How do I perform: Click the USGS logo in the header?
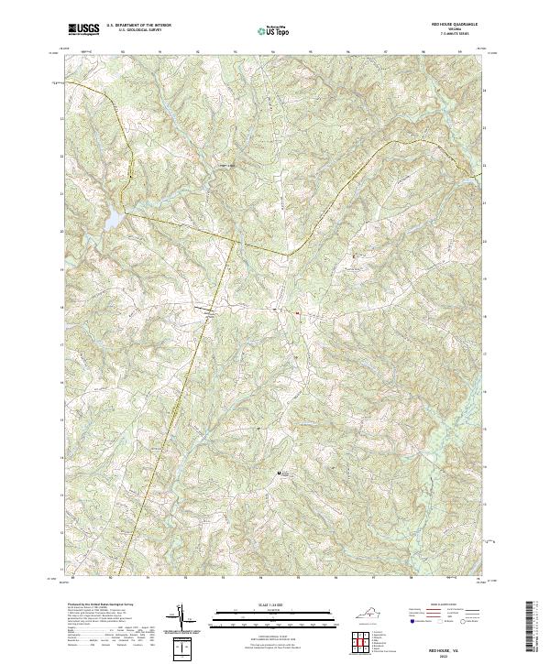[83, 29]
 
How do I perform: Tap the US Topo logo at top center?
[273, 30]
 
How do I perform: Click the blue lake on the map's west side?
[111, 220]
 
